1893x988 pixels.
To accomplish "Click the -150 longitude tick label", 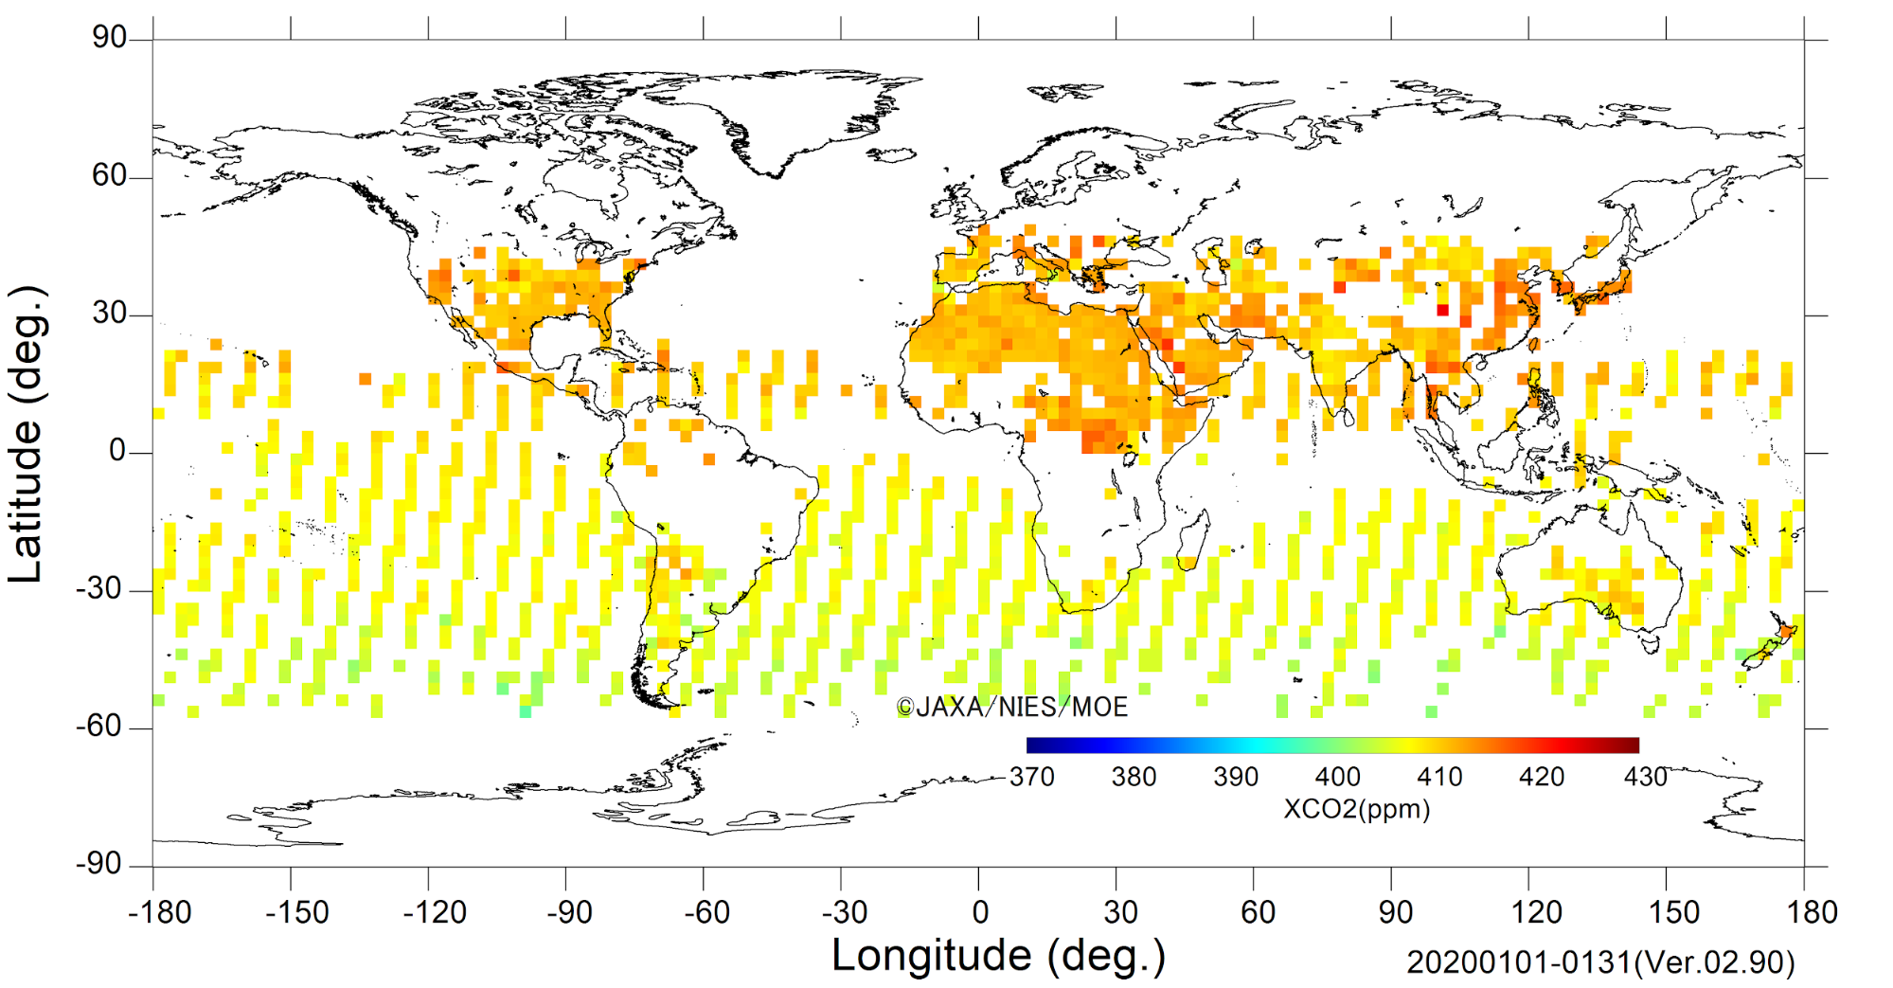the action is click(297, 912).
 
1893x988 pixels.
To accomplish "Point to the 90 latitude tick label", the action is click(109, 37).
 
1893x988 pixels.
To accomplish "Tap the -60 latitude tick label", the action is click(101, 727).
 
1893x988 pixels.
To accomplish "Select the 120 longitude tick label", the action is click(1536, 912).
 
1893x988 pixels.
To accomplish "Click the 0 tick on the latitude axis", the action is click(117, 451).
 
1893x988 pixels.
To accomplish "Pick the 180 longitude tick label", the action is click(1812, 912).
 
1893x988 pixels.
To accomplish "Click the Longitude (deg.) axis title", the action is click(998, 956).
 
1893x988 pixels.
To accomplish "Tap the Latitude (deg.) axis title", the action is click(27, 434).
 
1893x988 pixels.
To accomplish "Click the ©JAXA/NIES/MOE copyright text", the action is click(1012, 707).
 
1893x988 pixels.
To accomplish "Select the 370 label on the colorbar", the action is click(1031, 777).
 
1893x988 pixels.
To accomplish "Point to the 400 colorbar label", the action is click(1337, 777).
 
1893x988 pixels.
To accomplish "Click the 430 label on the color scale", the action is click(1645, 777).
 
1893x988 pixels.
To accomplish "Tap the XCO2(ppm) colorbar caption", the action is click(1357, 809).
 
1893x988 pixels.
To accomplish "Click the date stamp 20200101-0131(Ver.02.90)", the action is click(1600, 962).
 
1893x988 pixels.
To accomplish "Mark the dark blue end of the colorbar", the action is click(1030, 745).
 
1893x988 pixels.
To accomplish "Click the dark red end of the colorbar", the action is click(1634, 745).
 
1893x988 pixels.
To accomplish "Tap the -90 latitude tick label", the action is click(101, 864).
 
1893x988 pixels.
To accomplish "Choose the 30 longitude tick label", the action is click(1120, 912).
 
